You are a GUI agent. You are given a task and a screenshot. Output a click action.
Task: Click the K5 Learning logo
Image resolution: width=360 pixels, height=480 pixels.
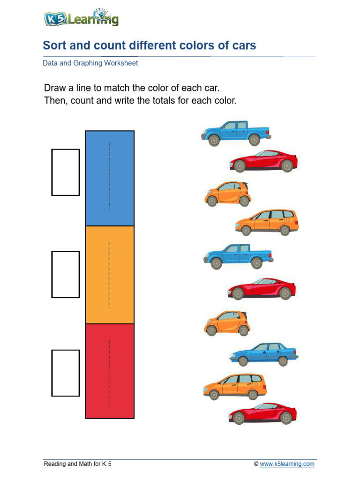coord(81,18)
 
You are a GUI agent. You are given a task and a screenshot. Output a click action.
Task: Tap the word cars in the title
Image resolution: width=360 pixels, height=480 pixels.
coord(244,45)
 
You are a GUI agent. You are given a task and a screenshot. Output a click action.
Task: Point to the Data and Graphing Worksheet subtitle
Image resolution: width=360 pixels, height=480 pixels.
coord(90,63)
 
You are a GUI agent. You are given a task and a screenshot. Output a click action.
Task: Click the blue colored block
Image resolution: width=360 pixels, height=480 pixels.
coord(110,178)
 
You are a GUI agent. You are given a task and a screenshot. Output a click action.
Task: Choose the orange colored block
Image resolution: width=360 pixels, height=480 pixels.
coord(110,275)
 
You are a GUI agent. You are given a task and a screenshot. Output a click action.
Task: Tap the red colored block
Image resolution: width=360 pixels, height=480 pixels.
coord(110,370)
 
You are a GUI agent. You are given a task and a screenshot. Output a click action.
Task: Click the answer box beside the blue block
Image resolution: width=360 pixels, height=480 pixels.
coord(65,172)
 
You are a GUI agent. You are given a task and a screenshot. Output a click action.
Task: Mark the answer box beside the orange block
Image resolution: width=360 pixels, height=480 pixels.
coord(65,274)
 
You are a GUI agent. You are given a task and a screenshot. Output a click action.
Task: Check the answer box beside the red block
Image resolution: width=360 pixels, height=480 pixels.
coord(65,373)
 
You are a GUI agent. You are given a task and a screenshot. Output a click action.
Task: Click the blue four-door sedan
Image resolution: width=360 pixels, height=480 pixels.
coord(264,354)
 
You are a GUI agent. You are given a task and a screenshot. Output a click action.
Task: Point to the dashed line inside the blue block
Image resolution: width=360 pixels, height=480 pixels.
coord(110,176)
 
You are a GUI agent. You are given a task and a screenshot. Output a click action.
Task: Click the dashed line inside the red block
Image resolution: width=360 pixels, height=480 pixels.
coord(109,373)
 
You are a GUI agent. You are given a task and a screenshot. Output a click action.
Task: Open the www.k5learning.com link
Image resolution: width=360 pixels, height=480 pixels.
coord(287,464)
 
